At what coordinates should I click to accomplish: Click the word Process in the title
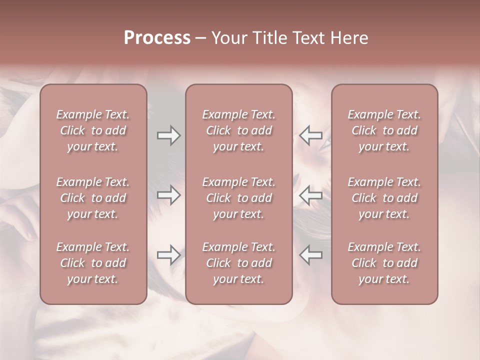point(157,38)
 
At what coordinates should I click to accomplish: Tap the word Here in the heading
point(349,38)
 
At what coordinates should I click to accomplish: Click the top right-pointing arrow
point(169,135)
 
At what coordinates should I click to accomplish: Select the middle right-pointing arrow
point(169,195)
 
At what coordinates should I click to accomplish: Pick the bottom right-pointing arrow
point(169,255)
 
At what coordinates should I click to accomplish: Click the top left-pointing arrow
point(310,135)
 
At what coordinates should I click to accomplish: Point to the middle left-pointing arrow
point(310,195)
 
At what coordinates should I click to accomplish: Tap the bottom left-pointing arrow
point(310,255)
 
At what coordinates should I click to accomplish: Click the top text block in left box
point(93,130)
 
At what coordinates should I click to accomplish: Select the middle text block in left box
point(93,198)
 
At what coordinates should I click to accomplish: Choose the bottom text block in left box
point(93,263)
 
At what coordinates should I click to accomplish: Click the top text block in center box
point(238,130)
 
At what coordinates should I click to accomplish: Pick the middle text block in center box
point(238,198)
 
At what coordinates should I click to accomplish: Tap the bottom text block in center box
point(238,263)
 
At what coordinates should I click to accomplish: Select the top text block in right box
point(384,130)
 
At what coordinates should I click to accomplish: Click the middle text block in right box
point(384,198)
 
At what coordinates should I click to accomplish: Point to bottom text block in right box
point(384,263)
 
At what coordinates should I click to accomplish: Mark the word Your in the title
point(228,38)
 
